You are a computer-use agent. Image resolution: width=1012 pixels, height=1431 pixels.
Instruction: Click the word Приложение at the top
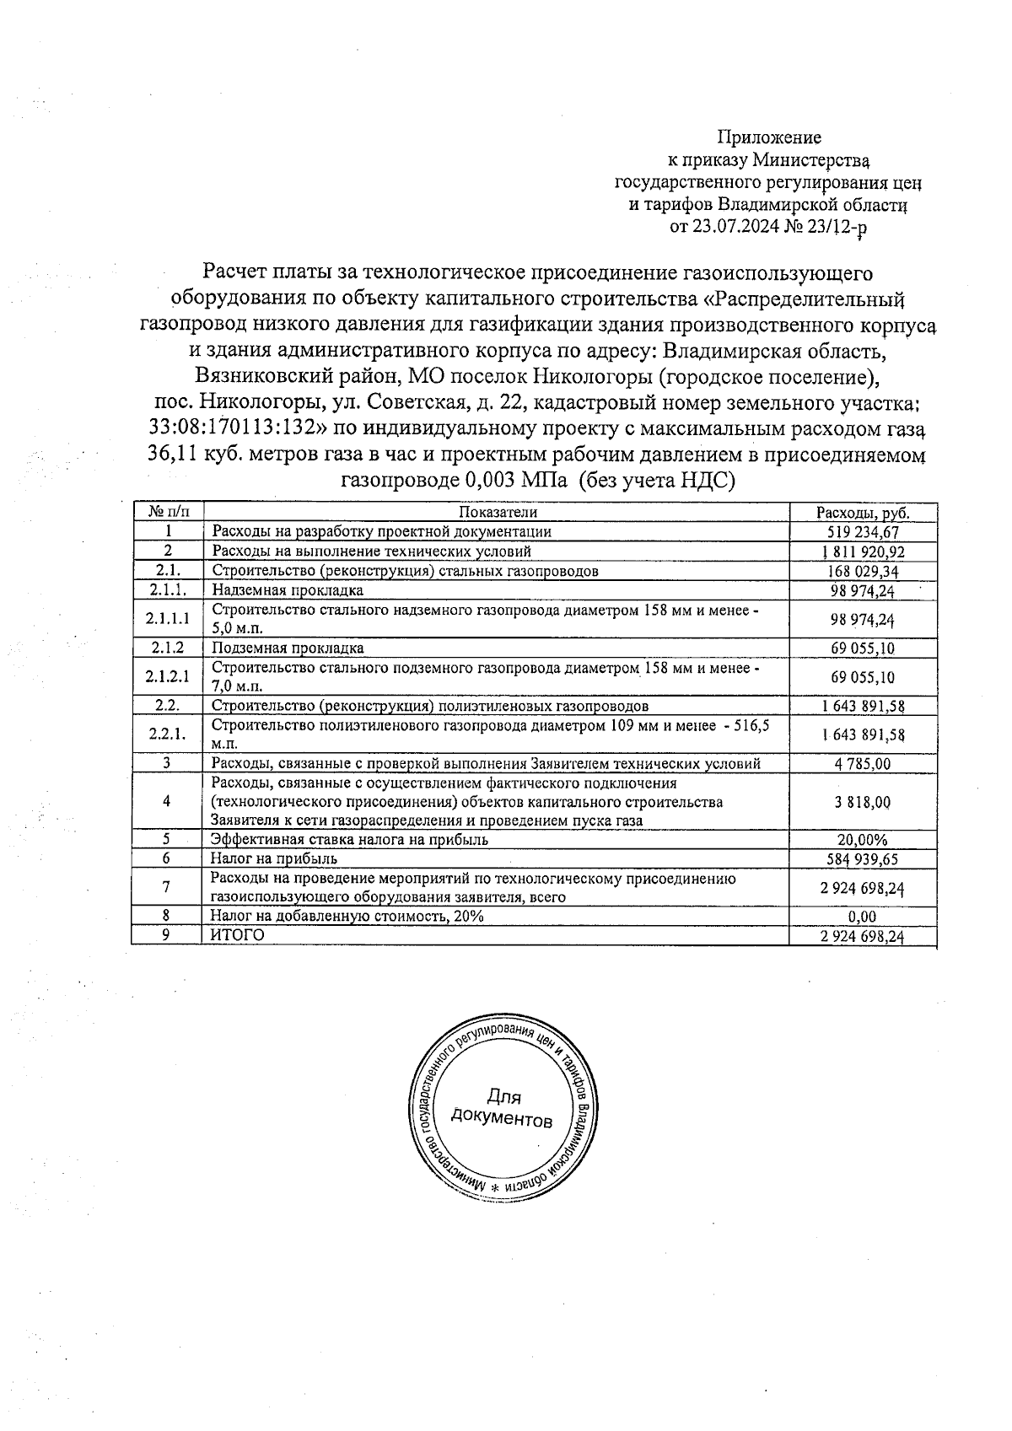coord(768,137)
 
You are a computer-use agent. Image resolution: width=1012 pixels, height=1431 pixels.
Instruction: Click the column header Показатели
coord(498,512)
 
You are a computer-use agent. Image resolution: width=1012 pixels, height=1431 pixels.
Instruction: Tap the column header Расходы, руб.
coord(863,513)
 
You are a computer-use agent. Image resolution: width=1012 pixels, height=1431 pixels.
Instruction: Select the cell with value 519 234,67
coord(863,532)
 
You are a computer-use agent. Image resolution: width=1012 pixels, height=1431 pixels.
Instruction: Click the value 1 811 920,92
coord(863,551)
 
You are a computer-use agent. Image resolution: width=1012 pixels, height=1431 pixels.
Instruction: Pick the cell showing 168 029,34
coord(863,571)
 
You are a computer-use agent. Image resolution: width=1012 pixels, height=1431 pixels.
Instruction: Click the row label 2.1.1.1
coord(167,619)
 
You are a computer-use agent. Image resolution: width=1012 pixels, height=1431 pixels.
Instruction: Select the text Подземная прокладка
coord(288,648)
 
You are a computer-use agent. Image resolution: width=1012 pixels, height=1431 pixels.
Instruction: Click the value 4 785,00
coord(863,764)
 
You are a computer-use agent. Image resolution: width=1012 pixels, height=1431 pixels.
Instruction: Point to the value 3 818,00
coord(863,802)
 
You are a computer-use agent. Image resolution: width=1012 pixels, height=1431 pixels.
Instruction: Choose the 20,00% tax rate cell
coord(863,840)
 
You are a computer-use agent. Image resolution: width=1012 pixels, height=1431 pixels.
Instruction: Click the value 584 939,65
coord(863,858)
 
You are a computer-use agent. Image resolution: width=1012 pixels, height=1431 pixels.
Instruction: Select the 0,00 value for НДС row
coord(863,917)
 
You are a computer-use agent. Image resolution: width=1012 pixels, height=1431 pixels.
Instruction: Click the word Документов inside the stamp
coord(502,1118)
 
